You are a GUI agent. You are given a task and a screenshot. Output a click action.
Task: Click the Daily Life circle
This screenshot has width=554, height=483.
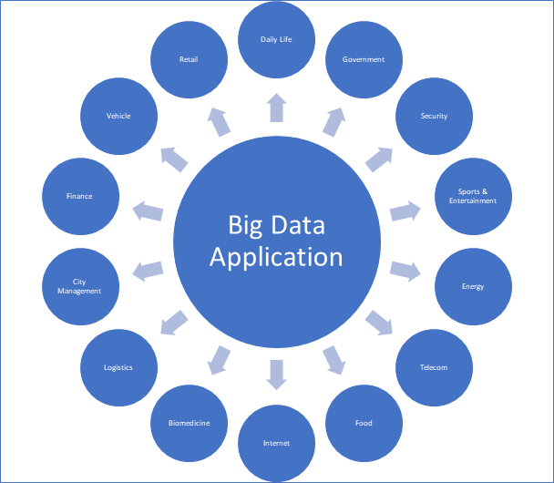(x=276, y=40)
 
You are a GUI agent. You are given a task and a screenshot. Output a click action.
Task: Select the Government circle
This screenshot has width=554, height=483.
(x=363, y=60)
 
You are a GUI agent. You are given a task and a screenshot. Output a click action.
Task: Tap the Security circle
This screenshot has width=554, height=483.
(x=433, y=116)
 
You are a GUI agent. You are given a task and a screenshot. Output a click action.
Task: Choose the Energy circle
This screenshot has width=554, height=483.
(x=472, y=286)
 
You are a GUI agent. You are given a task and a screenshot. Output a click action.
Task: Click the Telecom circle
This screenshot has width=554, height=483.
(x=433, y=367)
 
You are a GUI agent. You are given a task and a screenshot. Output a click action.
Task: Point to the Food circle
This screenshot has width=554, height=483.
(x=363, y=423)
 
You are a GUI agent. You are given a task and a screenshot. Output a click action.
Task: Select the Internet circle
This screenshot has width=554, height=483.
(x=276, y=443)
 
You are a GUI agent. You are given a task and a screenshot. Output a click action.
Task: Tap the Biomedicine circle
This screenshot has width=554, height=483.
(x=190, y=423)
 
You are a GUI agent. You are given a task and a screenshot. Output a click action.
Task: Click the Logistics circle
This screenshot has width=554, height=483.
(x=118, y=367)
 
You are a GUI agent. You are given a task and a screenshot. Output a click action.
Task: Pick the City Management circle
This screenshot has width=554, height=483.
(x=80, y=286)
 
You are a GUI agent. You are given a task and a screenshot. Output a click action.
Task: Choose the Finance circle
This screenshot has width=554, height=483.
(x=79, y=196)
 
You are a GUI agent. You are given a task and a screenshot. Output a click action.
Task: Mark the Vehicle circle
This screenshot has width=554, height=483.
(x=118, y=116)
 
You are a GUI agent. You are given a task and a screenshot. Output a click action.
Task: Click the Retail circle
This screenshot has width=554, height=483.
(x=190, y=60)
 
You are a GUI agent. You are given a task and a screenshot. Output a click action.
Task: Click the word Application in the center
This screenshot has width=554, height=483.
(x=276, y=256)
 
